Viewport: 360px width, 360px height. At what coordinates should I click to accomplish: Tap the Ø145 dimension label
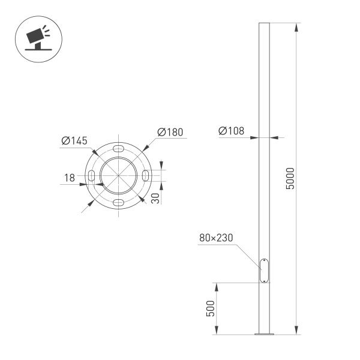[x=74, y=141]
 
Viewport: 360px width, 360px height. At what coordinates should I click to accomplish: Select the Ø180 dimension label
[x=170, y=132]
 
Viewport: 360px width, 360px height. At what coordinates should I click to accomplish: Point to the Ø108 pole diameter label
[x=232, y=131]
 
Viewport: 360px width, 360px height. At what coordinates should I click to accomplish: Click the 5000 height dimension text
[x=290, y=178]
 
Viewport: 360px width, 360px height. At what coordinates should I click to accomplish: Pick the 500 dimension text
[x=209, y=308]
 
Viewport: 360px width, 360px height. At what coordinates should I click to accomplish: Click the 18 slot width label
[x=70, y=178]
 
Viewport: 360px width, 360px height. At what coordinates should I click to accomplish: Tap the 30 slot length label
[x=155, y=199]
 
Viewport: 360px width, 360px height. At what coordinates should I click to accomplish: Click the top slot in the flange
[x=119, y=147]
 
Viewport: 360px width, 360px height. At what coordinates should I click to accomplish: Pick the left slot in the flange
[x=92, y=175]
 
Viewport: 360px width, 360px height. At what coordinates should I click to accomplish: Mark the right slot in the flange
[x=147, y=175]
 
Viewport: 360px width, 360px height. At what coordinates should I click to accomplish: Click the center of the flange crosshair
[x=119, y=175]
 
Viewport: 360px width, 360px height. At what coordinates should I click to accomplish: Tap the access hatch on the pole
[x=264, y=270]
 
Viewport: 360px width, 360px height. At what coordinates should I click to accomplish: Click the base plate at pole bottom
[x=264, y=334]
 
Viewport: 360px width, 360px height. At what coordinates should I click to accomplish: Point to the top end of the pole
[x=264, y=25]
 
